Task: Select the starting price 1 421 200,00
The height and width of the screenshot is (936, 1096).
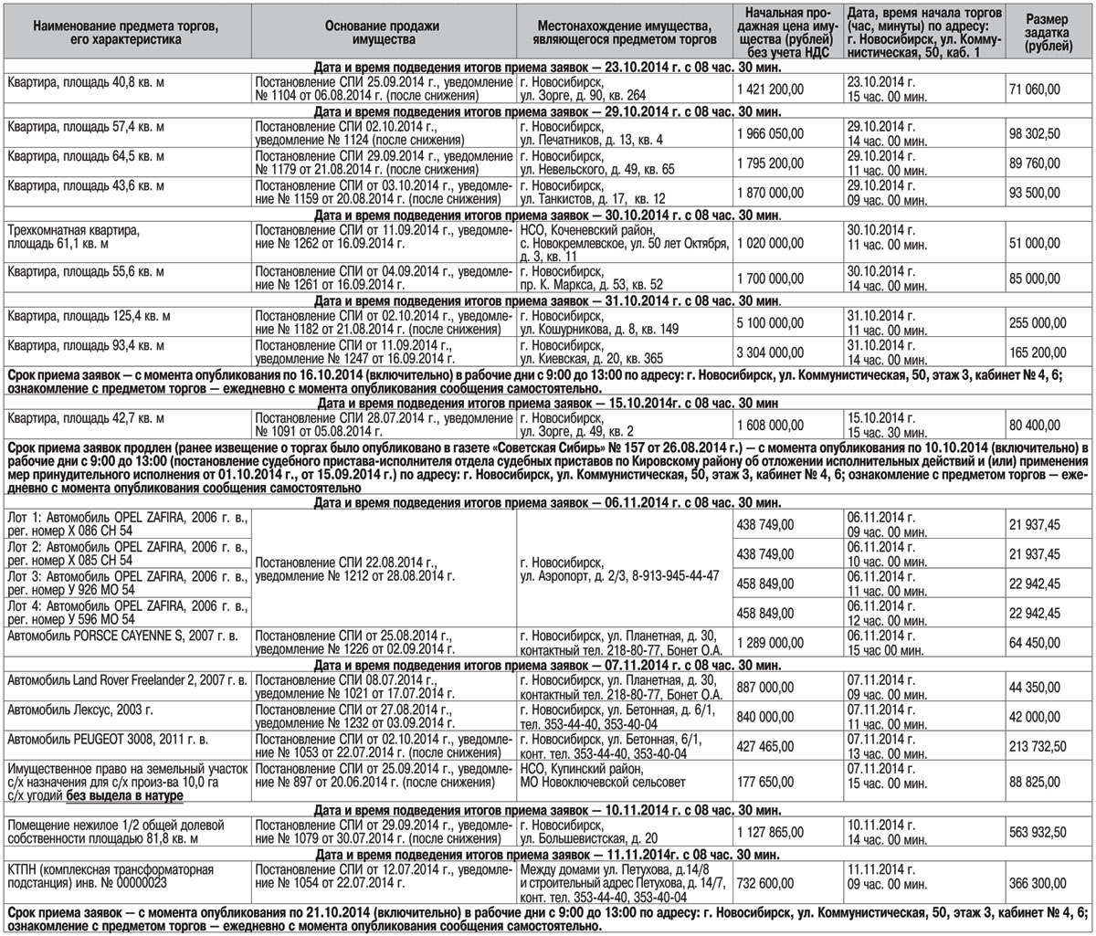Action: [771, 89]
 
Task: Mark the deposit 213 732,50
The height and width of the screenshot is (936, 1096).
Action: [1038, 746]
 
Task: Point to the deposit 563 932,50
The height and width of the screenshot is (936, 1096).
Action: [1038, 831]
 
